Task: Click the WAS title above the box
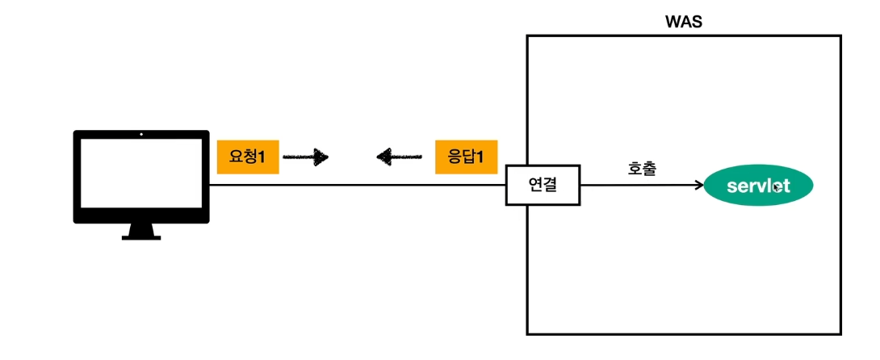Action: [682, 22]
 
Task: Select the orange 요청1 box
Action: [247, 157]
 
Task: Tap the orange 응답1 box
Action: [465, 157]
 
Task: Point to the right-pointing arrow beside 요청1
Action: [306, 157]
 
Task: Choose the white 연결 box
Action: [543, 186]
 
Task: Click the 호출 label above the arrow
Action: [642, 169]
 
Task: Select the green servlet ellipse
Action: [758, 186]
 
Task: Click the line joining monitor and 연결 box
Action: [355, 186]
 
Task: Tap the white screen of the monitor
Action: [140, 176]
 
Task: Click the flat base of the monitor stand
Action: [140, 237]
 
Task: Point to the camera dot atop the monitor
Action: [140, 134]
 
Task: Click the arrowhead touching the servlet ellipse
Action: [699, 186]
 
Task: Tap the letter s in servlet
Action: [731, 186]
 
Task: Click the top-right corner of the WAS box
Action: [840, 36]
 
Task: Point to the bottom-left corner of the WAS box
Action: [527, 333]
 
